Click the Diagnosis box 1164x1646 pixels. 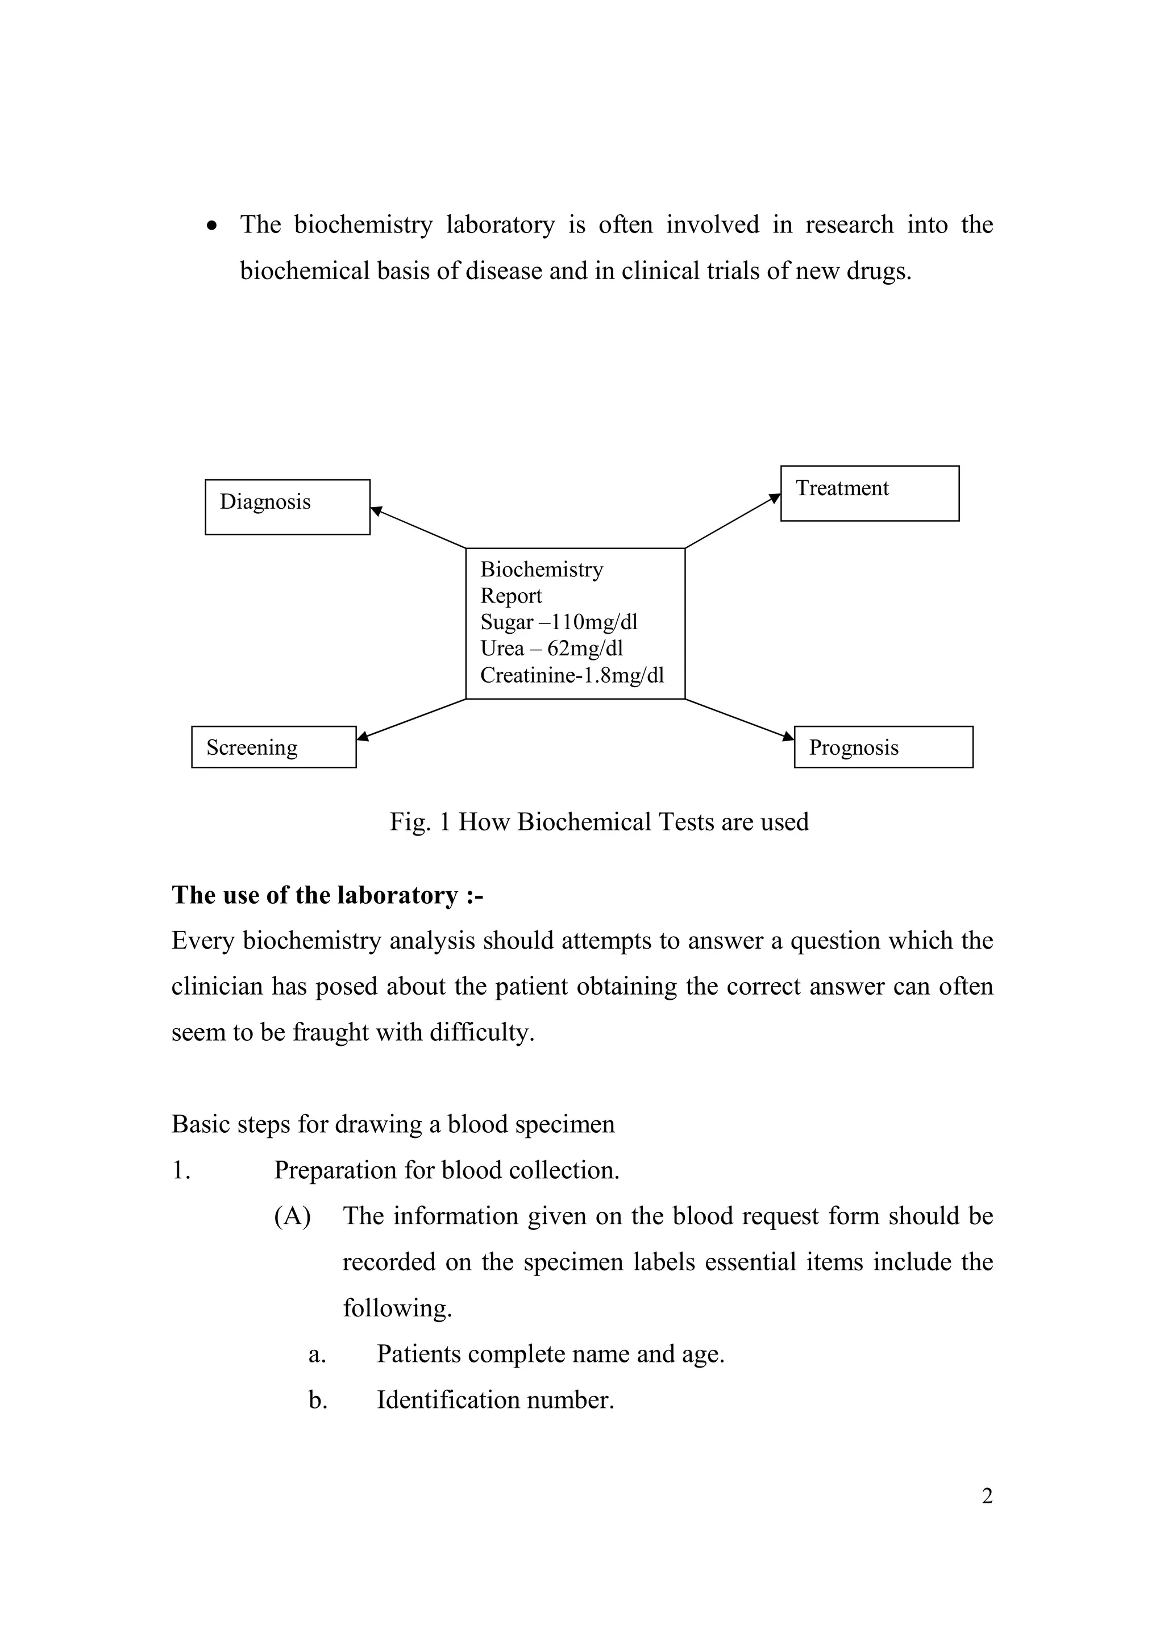[x=288, y=507]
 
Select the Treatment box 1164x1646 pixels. [x=870, y=493]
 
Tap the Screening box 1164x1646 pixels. [x=274, y=747]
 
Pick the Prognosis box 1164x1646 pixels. [x=883, y=747]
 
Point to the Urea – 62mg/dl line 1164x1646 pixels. [x=551, y=649]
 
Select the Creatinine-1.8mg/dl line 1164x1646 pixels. [x=572, y=675]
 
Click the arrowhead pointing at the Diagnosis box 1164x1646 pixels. [x=376, y=510]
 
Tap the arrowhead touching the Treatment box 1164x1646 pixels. [x=775, y=497]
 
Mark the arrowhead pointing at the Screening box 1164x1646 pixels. [x=363, y=735]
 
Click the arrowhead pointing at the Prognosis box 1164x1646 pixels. [x=788, y=735]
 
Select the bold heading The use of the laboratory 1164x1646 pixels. [x=327, y=895]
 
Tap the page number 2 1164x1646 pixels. [x=987, y=1496]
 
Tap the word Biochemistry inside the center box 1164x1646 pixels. [x=541, y=569]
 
